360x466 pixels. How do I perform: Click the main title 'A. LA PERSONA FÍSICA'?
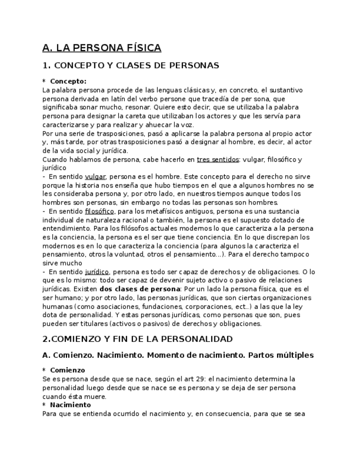pos(102,48)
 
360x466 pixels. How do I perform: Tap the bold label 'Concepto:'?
pos(68,81)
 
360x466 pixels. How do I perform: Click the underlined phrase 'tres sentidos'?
pos(218,159)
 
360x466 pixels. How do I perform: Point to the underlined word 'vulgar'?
pos(95,177)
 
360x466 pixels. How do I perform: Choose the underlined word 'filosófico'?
pos(99,211)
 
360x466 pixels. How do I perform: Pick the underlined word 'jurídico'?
pos(97,271)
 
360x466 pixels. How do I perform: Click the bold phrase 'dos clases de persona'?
pos(140,289)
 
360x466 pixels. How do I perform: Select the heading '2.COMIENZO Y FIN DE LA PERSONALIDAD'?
pos(137,339)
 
